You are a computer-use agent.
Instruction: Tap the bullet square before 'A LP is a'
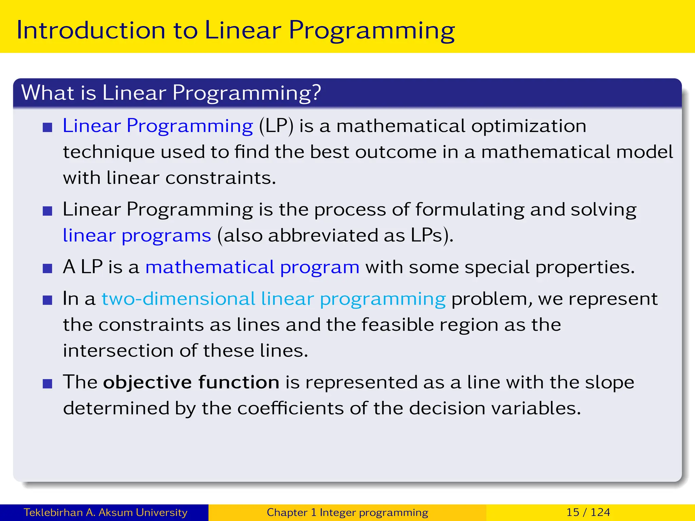coord(48,269)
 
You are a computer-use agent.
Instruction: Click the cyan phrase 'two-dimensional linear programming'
coord(274,299)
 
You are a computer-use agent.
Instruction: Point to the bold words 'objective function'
coord(191,383)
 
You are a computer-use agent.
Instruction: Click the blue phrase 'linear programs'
coord(137,236)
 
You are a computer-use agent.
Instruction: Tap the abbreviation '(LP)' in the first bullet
coord(276,126)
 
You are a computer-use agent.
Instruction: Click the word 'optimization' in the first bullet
coord(528,126)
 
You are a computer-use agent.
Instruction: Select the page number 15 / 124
coord(588,512)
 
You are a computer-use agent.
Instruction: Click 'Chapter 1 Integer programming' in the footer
coord(347,512)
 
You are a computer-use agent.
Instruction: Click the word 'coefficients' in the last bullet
coord(290,408)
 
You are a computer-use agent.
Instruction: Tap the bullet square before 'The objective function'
coord(48,384)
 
